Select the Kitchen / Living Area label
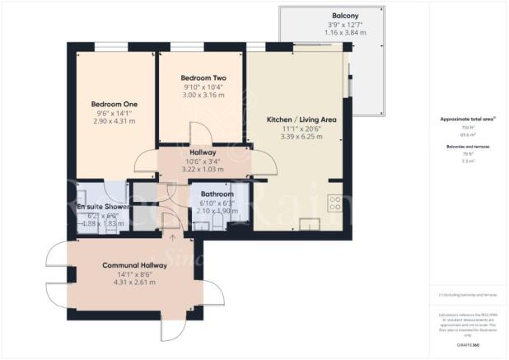(x=302, y=119)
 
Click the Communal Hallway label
(x=135, y=265)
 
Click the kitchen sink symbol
(x=311, y=223)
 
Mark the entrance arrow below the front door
(x=171, y=237)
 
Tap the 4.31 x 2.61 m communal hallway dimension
(x=135, y=283)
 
